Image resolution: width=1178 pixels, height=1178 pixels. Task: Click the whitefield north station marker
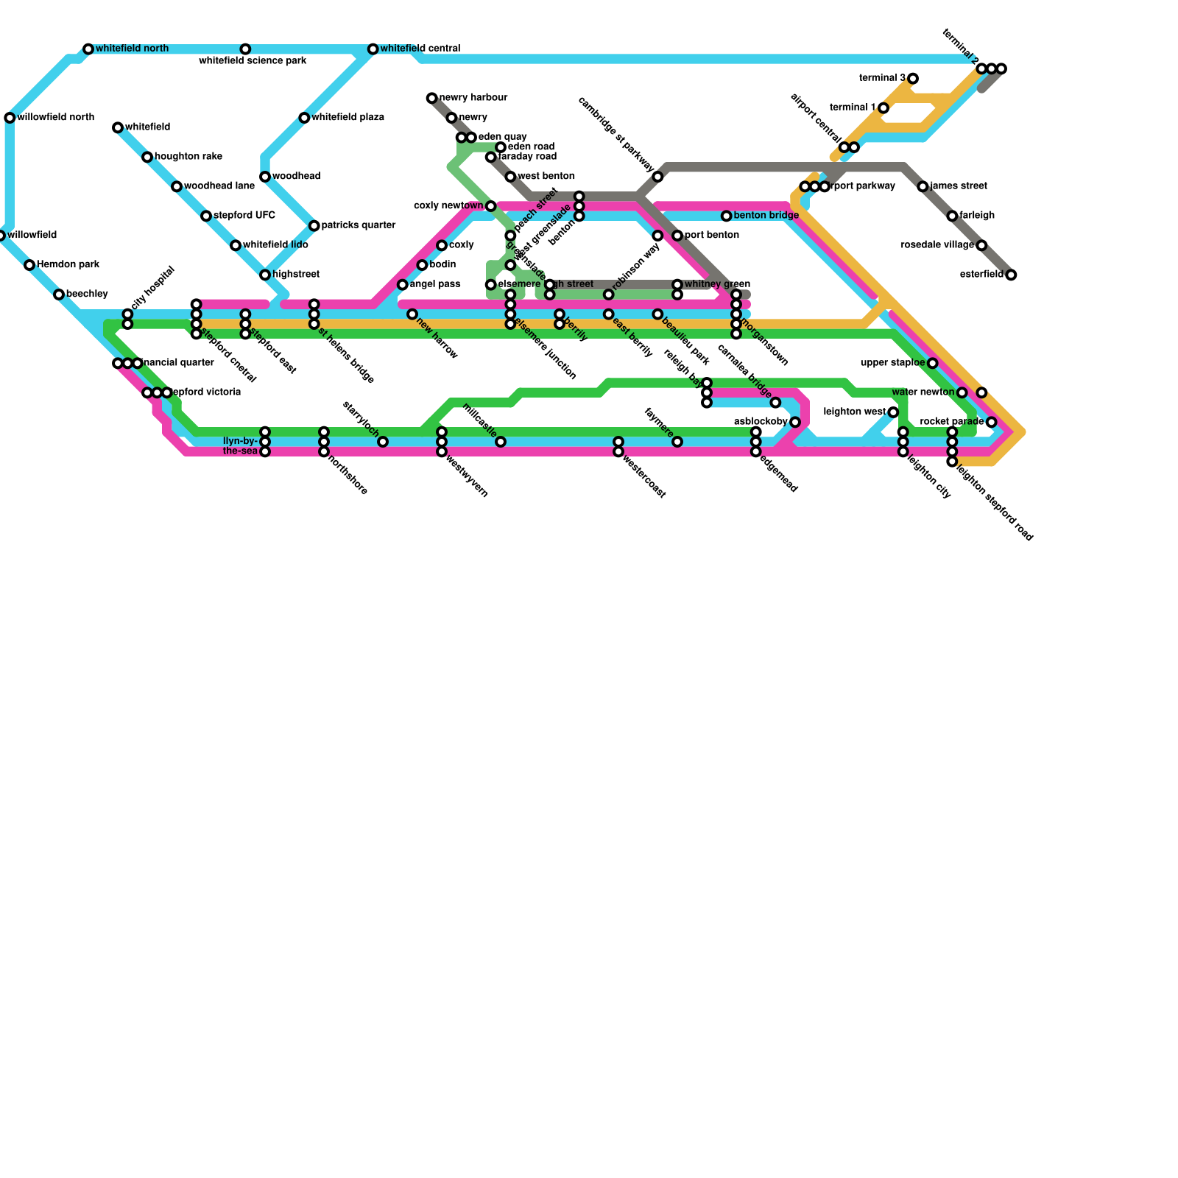point(88,49)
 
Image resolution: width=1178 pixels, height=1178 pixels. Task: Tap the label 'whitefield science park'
point(253,61)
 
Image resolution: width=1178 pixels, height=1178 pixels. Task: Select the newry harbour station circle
point(431,98)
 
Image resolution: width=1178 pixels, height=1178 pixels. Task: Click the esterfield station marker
point(1011,275)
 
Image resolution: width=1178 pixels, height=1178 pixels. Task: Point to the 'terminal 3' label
point(882,78)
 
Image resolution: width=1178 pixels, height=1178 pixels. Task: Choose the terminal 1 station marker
point(883,108)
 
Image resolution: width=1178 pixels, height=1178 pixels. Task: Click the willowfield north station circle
point(10,118)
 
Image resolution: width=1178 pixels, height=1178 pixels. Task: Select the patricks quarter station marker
point(314,226)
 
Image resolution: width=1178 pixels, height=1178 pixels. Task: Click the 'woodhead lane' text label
point(219,186)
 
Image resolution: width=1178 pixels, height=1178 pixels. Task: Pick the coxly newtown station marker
point(491,206)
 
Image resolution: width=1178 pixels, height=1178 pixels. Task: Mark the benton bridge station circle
point(727,216)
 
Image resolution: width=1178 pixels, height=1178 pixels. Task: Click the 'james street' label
point(958,186)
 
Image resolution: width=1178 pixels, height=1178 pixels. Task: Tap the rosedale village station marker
point(981,245)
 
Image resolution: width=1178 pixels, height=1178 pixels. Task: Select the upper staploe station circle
point(933,363)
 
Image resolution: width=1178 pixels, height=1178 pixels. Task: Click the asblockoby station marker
point(795,422)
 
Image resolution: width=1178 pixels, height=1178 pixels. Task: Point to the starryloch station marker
point(383,442)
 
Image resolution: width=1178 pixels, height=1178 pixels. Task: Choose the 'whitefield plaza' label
point(347,118)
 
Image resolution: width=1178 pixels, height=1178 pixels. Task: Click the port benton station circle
point(677,236)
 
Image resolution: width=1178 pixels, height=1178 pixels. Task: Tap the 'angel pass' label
point(434,284)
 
